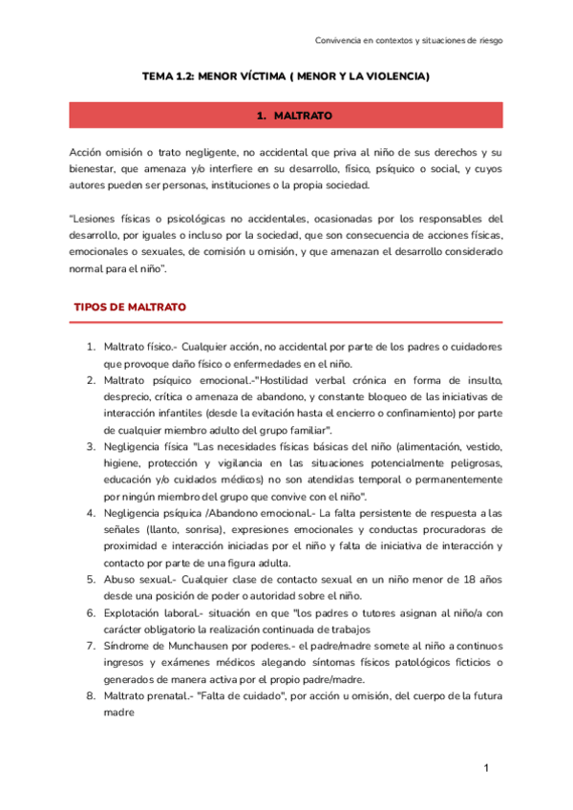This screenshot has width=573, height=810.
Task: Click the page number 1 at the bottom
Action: (x=486, y=768)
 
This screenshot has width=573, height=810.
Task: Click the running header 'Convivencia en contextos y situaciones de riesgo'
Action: (x=409, y=40)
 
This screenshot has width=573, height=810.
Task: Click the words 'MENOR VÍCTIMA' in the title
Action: (x=241, y=75)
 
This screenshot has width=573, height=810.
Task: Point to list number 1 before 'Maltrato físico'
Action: (x=92, y=346)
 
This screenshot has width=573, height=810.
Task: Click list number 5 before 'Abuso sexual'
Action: (x=92, y=581)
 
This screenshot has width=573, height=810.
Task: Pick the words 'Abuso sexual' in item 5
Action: (x=133, y=581)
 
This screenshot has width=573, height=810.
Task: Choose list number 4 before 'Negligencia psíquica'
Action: (x=92, y=514)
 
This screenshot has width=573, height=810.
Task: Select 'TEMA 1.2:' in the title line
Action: (x=168, y=75)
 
